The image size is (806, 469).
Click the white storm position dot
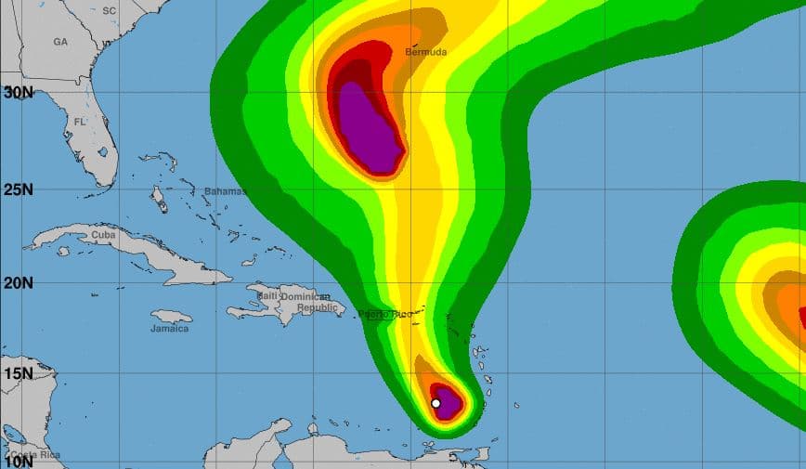tap(435, 403)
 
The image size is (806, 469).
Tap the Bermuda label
tap(426, 52)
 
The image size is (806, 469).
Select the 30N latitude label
tap(18, 92)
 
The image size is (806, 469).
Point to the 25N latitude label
tap(18, 189)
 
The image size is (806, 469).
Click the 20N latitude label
tap(18, 282)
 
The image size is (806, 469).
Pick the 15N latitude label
tap(18, 373)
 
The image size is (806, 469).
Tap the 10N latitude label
tap(18, 461)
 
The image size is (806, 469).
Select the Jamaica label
tap(170, 329)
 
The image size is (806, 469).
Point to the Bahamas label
tap(225, 191)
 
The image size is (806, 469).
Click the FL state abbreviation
tap(80, 122)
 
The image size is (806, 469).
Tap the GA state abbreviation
tap(60, 42)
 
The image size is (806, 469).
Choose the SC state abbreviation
tap(110, 10)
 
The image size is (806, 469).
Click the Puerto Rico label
tap(385, 314)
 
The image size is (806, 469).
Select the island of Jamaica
tap(172, 317)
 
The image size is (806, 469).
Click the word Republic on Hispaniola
tap(318, 306)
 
